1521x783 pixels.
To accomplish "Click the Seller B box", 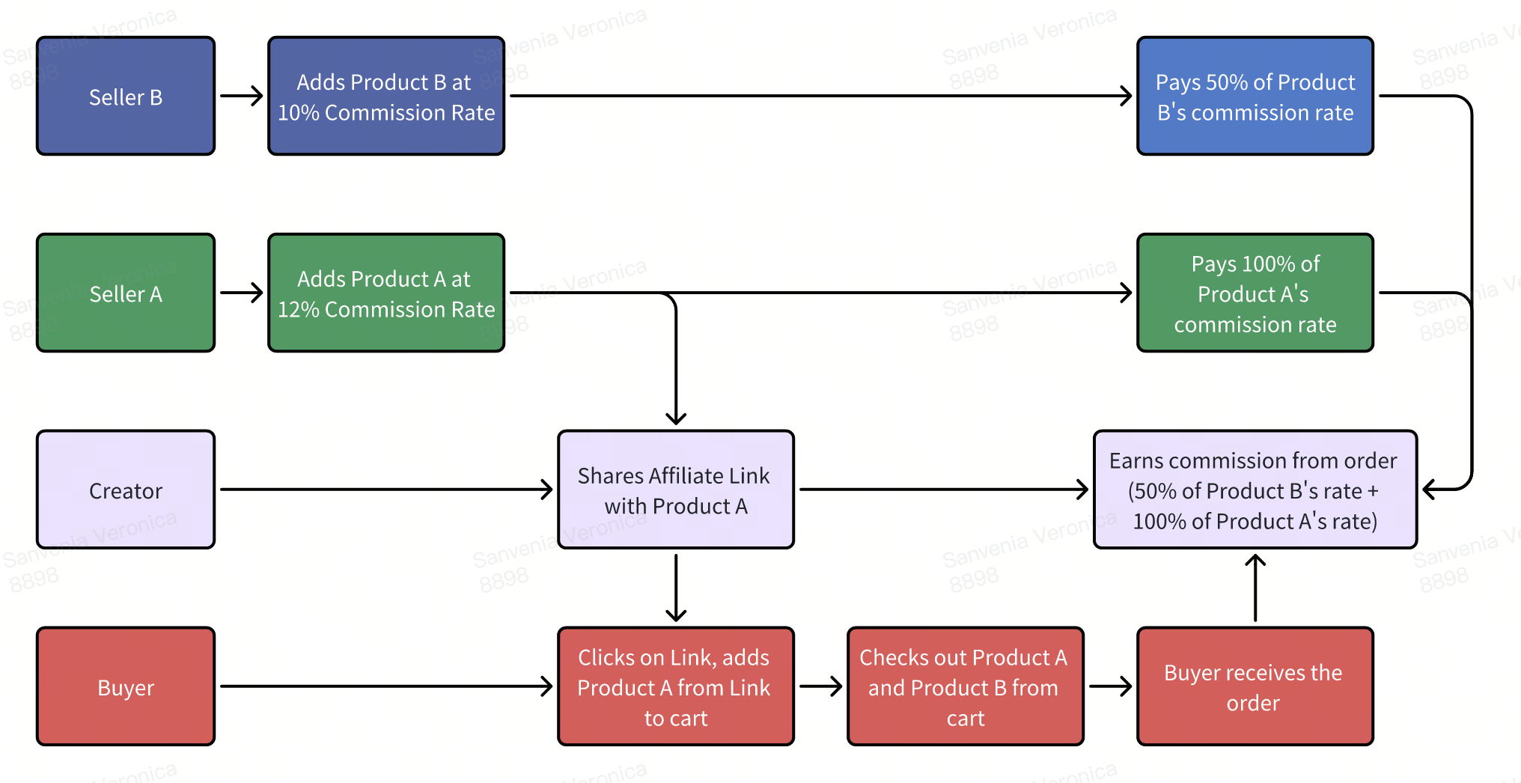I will pyautogui.click(x=126, y=96).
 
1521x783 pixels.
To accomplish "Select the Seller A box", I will pyautogui.click(x=126, y=293).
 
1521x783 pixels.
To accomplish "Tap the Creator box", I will pyautogui.click(x=126, y=490).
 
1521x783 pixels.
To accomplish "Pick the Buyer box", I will pyautogui.click(x=126, y=686).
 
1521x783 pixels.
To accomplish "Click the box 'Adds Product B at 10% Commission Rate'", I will pyautogui.click(x=386, y=96).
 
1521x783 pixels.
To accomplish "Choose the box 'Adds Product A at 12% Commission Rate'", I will pyautogui.click(x=386, y=293).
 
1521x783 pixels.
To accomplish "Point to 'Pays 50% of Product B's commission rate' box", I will pyautogui.click(x=1255, y=96).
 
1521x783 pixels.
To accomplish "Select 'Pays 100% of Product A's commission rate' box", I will pyautogui.click(x=1255, y=293).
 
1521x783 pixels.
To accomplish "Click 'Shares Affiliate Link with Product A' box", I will pyautogui.click(x=675, y=490).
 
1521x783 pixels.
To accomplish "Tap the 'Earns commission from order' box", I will pyautogui.click(x=1255, y=490).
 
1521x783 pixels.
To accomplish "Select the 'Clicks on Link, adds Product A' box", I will pyautogui.click(x=675, y=686).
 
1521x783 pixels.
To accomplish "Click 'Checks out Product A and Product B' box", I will pyautogui.click(x=965, y=686).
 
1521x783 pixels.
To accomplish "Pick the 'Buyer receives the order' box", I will pyautogui.click(x=1255, y=686).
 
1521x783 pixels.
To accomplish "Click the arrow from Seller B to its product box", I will pyautogui.click(x=241, y=96).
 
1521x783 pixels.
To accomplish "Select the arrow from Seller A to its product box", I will pyautogui.click(x=241, y=293).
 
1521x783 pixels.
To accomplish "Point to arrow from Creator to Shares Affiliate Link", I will pyautogui.click(x=385, y=490).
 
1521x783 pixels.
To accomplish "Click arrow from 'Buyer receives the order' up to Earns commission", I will pyautogui.click(x=1255, y=588).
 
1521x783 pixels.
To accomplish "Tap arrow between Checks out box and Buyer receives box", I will pyautogui.click(x=1110, y=686).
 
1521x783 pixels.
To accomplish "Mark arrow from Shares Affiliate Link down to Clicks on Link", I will pyautogui.click(x=676, y=588).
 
